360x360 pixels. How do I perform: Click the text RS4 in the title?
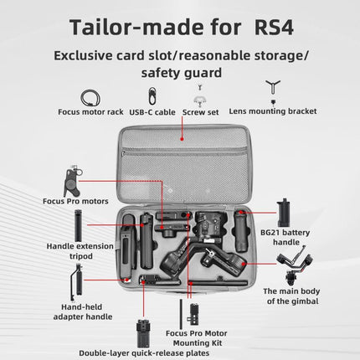click(274, 28)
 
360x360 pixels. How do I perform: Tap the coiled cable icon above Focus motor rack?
click(90, 98)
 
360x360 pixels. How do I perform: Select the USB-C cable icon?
click(152, 96)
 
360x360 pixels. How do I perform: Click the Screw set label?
click(200, 112)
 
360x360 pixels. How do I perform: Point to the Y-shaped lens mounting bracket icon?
click(273, 87)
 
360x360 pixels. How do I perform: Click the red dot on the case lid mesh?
click(182, 139)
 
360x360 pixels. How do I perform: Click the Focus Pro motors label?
click(75, 201)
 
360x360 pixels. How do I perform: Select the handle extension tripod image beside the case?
click(78, 225)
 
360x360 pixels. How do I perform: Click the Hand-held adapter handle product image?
click(76, 283)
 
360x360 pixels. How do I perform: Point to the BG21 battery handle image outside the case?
click(284, 213)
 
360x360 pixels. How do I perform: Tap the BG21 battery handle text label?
click(285, 237)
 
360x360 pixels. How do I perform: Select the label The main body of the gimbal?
click(291, 296)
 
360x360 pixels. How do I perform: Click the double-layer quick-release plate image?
click(144, 333)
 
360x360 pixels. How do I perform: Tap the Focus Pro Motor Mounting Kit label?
click(197, 338)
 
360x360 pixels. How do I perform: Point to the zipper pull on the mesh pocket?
click(123, 153)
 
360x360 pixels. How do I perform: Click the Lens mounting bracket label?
click(273, 111)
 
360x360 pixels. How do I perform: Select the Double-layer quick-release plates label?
click(144, 353)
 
